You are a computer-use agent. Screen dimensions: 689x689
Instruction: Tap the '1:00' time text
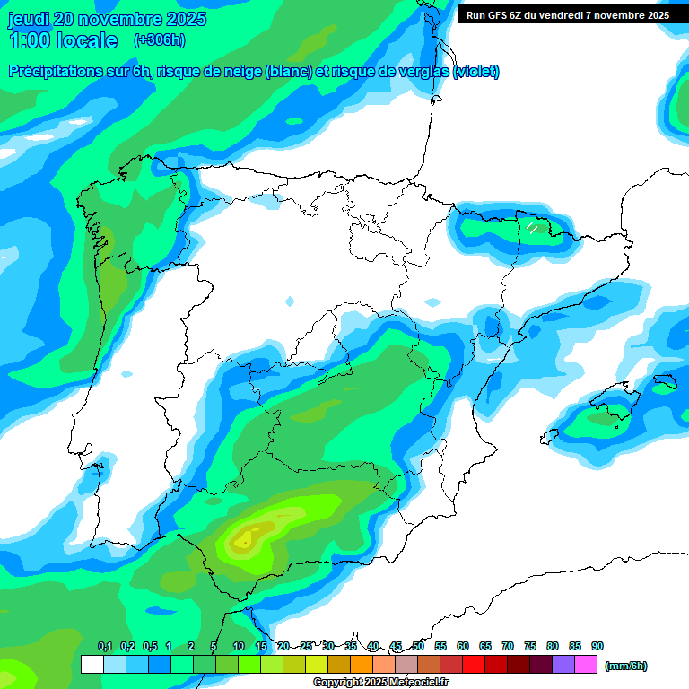tap(30, 40)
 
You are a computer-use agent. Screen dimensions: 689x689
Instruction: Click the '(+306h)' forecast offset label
tap(159, 40)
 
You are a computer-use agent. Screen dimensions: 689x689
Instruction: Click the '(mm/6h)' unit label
tap(626, 666)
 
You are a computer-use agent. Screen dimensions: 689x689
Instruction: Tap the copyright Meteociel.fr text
tap(380, 683)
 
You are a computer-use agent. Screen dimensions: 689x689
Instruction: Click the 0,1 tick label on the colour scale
tap(104, 647)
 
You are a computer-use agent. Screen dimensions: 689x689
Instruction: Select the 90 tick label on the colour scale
tap(597, 647)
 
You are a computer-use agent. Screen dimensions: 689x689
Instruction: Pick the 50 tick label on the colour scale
tap(418, 647)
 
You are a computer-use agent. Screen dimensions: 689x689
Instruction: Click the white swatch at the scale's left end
tap(92, 665)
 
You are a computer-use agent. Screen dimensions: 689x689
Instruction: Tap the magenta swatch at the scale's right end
tap(586, 665)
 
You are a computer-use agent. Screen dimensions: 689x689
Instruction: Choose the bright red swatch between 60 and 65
tap(474, 665)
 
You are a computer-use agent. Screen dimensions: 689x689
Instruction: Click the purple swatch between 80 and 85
tap(563, 665)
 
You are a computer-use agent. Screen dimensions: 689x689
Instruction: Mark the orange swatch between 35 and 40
tap(362, 665)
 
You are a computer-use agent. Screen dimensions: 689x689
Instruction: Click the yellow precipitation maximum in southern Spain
tap(241, 540)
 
